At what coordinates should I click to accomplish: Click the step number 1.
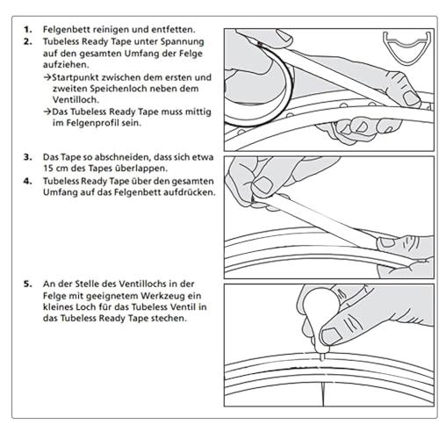click(x=28, y=30)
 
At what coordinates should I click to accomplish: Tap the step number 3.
click(x=28, y=157)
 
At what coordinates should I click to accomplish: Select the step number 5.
click(x=28, y=284)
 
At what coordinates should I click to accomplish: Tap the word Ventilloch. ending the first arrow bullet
click(x=76, y=99)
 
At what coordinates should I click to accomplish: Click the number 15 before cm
click(x=48, y=169)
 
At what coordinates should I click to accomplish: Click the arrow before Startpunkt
click(x=47, y=77)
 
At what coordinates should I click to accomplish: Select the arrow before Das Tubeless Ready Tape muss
click(x=47, y=112)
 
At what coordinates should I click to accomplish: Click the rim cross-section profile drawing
click(x=407, y=47)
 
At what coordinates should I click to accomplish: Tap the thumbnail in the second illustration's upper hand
click(x=263, y=185)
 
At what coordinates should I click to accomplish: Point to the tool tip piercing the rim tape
click(x=322, y=357)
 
